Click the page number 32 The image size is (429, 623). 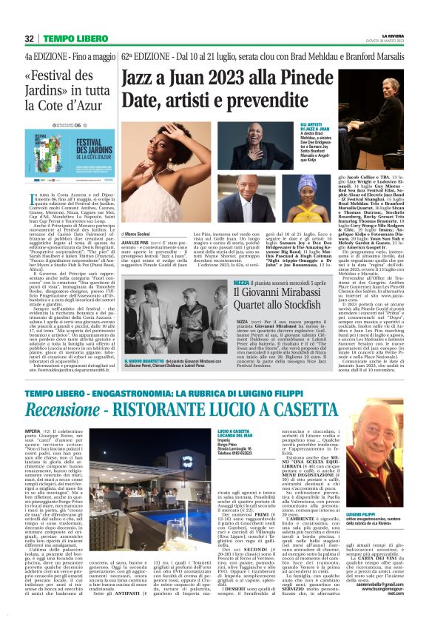coord(30,38)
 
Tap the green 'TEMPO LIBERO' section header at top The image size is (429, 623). coord(73,38)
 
